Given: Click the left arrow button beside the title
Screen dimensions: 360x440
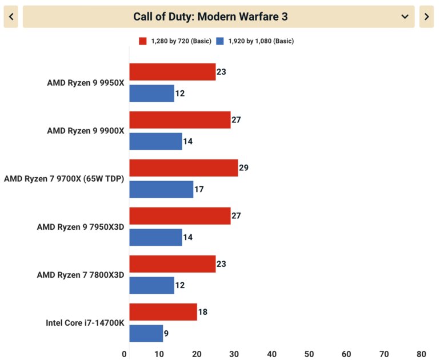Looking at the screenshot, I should tap(11, 17).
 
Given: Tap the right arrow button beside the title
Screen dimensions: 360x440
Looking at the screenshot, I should tap(426, 17).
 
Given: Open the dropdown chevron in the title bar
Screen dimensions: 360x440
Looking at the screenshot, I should tap(405, 17).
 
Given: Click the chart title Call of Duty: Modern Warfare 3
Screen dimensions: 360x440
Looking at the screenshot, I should tap(210, 17).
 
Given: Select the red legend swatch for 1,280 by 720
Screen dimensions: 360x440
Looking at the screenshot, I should tap(143, 41).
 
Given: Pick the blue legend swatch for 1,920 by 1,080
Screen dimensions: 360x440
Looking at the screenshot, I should tap(221, 41).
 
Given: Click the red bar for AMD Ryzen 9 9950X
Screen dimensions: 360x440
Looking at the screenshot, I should tap(172, 72).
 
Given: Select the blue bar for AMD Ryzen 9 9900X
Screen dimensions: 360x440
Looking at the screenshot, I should tap(155, 141).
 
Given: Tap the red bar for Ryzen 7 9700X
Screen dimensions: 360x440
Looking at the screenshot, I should tap(183, 168).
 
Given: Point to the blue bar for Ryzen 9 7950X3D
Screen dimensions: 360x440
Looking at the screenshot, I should tap(155, 237).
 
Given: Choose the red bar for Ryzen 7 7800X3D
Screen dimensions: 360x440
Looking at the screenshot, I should tap(172, 264).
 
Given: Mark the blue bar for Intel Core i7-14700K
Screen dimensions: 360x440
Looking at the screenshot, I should tap(146, 333).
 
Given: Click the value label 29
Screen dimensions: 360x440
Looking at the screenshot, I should tap(244, 168).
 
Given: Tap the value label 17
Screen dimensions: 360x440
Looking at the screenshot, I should tap(199, 189).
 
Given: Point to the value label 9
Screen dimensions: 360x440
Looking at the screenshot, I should tap(166, 333).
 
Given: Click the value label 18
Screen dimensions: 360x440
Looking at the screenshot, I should tap(203, 312).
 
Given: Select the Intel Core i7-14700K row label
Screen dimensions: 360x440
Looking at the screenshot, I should tap(85, 323).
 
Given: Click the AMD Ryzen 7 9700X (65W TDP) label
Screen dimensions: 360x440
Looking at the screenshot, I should tap(64, 179).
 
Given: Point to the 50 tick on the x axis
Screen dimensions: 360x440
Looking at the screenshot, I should tap(309, 354).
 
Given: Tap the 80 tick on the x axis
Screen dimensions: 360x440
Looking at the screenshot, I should tap(422, 354).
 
